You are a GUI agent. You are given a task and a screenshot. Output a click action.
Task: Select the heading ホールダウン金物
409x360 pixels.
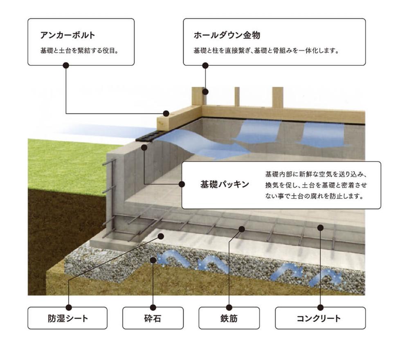(x=227, y=35)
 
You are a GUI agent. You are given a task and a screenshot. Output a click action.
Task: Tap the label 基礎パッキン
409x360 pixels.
(x=225, y=184)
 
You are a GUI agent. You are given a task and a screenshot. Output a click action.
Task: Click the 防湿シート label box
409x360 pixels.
(x=67, y=318)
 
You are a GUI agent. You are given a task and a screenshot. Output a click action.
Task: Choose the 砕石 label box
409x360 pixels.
(x=153, y=318)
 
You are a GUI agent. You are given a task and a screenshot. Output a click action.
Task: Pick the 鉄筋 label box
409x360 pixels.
(x=229, y=318)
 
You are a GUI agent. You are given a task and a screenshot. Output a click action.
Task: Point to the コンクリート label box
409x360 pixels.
(x=320, y=318)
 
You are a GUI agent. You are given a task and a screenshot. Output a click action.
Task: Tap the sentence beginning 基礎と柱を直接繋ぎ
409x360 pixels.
(x=267, y=52)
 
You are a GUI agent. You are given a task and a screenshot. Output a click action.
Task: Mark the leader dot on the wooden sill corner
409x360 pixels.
(x=166, y=113)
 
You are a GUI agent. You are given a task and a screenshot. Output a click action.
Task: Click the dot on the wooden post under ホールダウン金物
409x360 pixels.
(x=206, y=92)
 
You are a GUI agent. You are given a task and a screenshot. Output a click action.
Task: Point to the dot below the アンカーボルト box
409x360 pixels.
(x=66, y=65)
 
